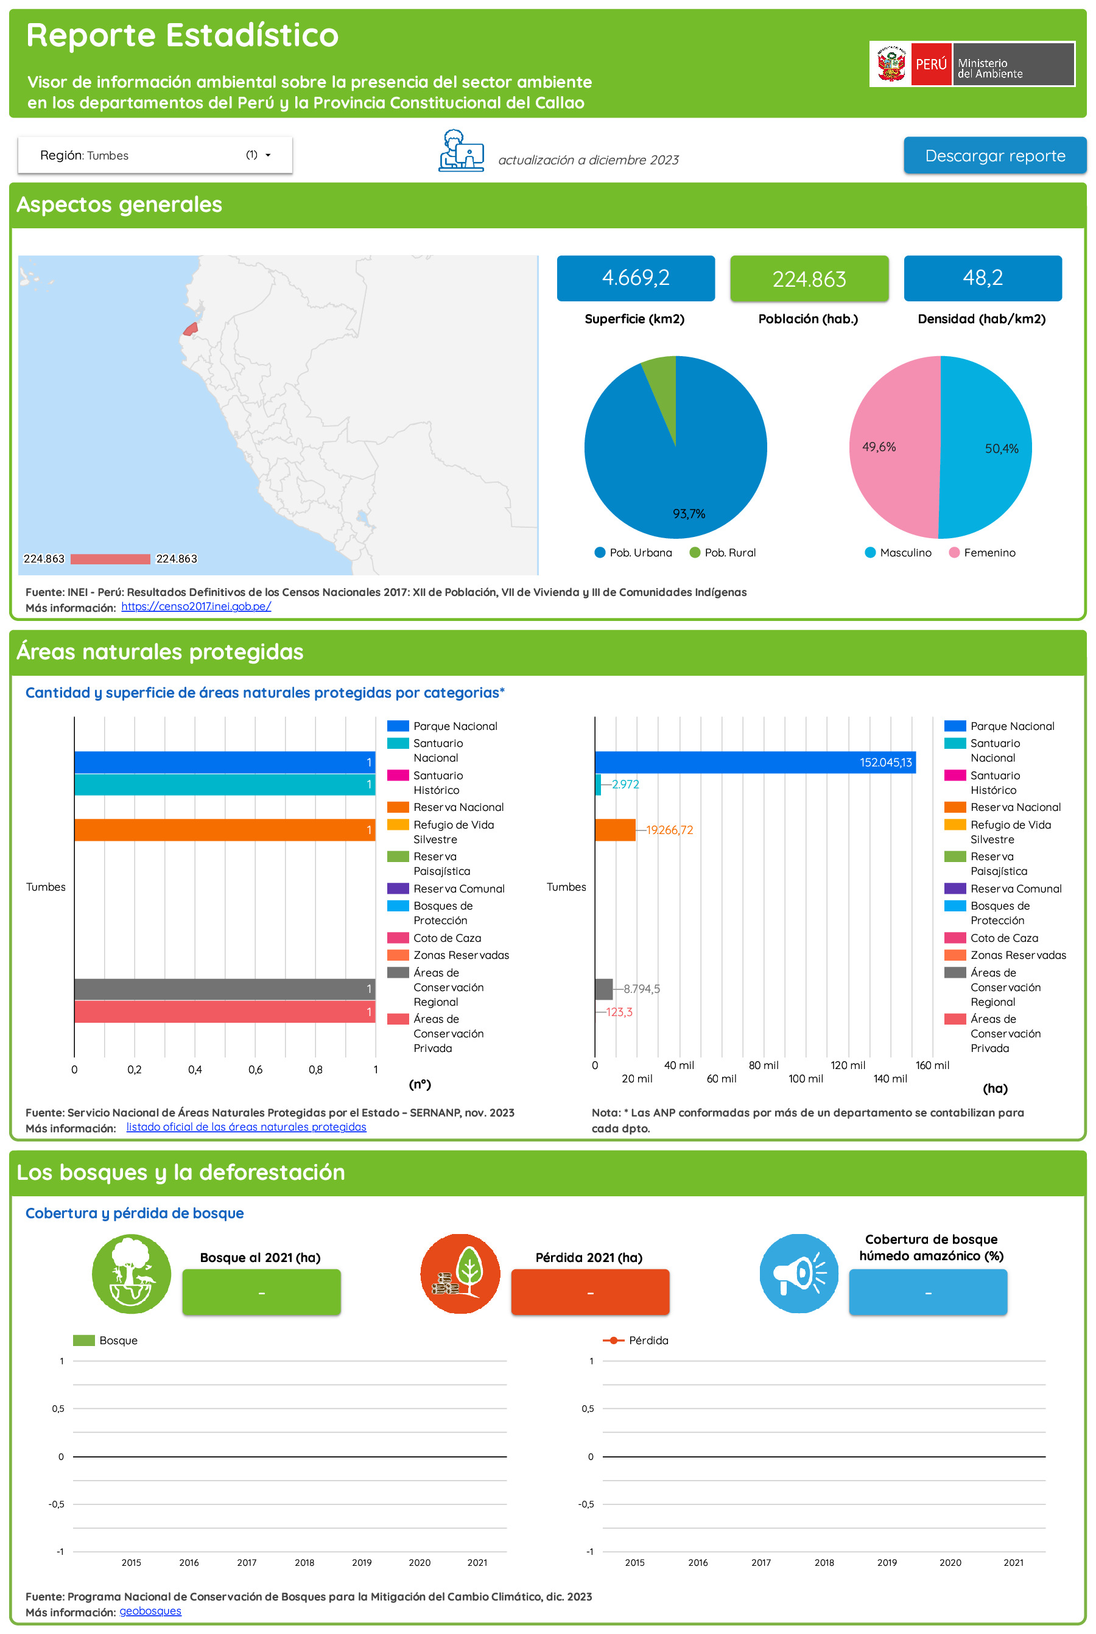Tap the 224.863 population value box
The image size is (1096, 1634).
(x=809, y=279)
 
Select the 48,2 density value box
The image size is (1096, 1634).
(x=982, y=278)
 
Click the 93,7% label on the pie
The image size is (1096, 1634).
(x=689, y=514)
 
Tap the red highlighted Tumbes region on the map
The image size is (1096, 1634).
(x=189, y=329)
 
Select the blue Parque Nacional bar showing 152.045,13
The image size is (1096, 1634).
(x=754, y=762)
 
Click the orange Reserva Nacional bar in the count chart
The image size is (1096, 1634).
(x=223, y=830)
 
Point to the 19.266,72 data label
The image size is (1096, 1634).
(x=669, y=830)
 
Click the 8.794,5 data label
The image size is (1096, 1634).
(x=641, y=988)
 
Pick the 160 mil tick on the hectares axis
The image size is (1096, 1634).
(x=932, y=1065)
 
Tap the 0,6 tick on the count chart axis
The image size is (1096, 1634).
(x=255, y=1069)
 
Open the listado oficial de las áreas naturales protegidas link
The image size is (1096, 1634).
(x=246, y=1127)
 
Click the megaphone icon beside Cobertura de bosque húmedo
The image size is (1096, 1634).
(x=798, y=1274)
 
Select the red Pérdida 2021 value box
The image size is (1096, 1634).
(x=590, y=1292)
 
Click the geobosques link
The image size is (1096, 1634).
(x=150, y=1611)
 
